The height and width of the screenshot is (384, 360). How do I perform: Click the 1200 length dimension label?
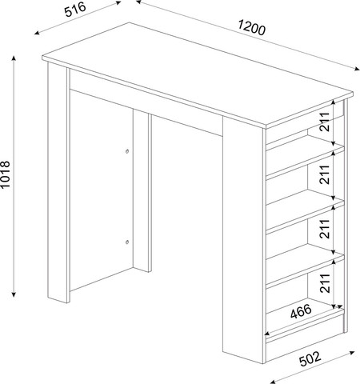click(251, 28)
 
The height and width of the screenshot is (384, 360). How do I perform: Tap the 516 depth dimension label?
click(76, 10)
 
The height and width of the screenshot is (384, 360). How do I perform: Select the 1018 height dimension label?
click(5, 175)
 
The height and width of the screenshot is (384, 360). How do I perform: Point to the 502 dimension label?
click(310, 358)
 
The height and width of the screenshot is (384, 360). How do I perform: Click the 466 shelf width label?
click(301, 311)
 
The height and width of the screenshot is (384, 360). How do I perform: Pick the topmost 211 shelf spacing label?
click(325, 122)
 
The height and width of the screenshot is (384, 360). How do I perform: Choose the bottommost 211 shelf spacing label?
click(325, 283)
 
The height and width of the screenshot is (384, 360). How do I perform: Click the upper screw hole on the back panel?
click(127, 151)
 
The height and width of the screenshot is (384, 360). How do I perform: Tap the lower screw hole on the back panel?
click(127, 242)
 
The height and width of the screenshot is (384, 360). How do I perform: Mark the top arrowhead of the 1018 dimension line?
click(14, 58)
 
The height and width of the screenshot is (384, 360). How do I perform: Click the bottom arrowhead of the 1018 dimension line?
click(14, 294)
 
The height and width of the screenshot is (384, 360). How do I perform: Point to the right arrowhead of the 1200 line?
click(357, 69)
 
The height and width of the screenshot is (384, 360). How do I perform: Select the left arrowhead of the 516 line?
click(37, 33)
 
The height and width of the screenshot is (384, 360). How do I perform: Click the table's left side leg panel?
click(58, 183)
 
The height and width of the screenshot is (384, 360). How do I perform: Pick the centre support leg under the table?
click(142, 190)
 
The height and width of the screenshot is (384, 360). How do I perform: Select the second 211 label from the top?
click(325, 174)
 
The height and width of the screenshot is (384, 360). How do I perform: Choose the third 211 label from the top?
click(325, 229)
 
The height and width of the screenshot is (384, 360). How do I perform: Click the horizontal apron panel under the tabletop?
click(146, 102)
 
